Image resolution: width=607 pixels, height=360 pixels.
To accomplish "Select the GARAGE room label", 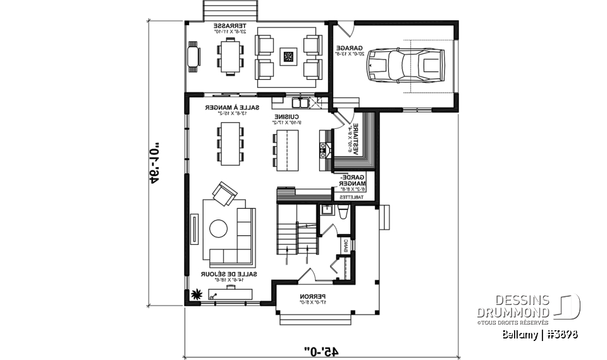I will pyautogui.click(x=347, y=51).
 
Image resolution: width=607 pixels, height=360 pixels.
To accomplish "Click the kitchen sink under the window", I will pyautogui.click(x=299, y=101).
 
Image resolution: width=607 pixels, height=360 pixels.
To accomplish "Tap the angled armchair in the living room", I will pyautogui.click(x=224, y=192).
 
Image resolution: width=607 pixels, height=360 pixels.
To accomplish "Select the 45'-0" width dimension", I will pyautogui.click(x=321, y=349).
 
